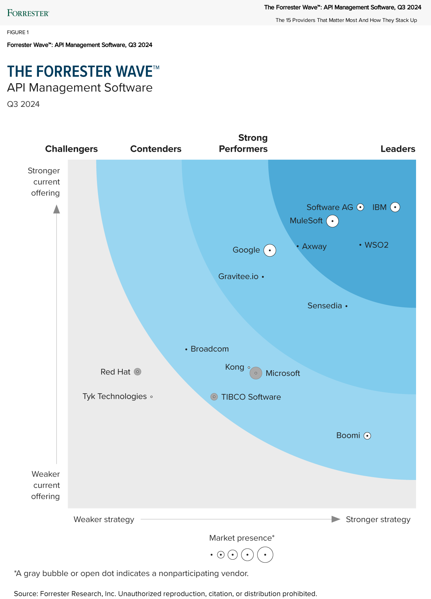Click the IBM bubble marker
395,207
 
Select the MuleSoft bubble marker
332,221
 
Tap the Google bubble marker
270,250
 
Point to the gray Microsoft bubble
256,373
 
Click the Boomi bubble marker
367,436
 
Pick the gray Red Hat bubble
138,372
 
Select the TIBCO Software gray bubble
214,397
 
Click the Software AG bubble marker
360,207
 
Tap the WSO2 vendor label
376,245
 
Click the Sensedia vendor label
325,306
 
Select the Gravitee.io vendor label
238,276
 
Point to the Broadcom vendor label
210,349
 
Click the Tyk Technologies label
115,396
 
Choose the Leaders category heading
398,149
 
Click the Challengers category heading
71,149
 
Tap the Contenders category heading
156,149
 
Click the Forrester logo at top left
28,13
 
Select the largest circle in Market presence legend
265,555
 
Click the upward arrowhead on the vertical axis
56,209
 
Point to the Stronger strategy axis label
378,519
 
